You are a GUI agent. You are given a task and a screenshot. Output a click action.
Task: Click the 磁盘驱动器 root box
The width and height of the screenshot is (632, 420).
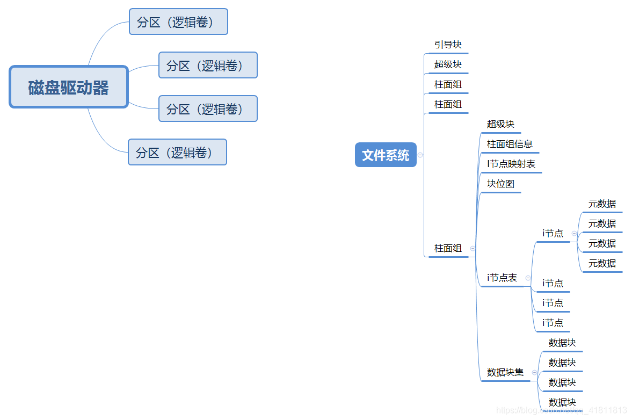(x=69, y=87)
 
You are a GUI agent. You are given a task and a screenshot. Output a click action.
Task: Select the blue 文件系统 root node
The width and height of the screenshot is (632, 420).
(x=386, y=155)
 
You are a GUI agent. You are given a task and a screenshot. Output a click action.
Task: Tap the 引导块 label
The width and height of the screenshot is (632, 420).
(x=448, y=45)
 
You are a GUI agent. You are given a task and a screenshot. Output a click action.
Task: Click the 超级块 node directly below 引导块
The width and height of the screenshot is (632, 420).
(x=448, y=64)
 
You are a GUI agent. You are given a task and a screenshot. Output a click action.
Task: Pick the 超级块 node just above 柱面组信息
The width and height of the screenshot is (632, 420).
(x=500, y=124)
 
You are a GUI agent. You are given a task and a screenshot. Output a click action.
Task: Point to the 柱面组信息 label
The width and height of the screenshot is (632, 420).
(x=510, y=144)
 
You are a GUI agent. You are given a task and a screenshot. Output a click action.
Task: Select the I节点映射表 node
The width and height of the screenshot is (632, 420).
(x=511, y=164)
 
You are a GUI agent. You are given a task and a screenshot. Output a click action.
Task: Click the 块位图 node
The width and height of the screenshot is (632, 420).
(x=500, y=184)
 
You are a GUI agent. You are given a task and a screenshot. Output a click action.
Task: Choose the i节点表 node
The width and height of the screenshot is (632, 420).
(x=502, y=278)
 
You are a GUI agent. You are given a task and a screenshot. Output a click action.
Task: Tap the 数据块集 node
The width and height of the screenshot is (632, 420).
(x=505, y=372)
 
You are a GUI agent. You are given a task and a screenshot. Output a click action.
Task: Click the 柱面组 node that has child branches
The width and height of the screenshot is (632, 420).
(x=448, y=248)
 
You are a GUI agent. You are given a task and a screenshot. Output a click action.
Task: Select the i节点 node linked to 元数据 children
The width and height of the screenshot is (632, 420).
(x=553, y=233)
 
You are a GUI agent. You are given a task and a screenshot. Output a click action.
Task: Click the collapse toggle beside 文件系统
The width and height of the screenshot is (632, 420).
(x=420, y=155)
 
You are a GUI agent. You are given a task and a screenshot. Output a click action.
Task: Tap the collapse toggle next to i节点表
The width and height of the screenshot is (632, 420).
(x=528, y=278)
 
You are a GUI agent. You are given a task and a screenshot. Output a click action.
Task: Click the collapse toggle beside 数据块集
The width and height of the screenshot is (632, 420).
(x=534, y=372)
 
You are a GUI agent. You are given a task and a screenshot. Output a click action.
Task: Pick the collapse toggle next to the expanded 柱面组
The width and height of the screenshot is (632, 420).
(x=473, y=248)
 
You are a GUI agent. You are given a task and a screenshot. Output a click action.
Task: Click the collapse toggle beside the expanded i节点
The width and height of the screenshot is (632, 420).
(x=574, y=234)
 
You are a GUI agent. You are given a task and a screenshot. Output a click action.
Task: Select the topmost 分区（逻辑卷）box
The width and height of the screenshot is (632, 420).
(x=178, y=22)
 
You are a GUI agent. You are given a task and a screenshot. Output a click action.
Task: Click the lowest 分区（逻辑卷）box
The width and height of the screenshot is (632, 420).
(x=177, y=153)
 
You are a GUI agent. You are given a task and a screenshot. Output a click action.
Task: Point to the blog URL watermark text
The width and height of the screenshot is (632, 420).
(x=561, y=410)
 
